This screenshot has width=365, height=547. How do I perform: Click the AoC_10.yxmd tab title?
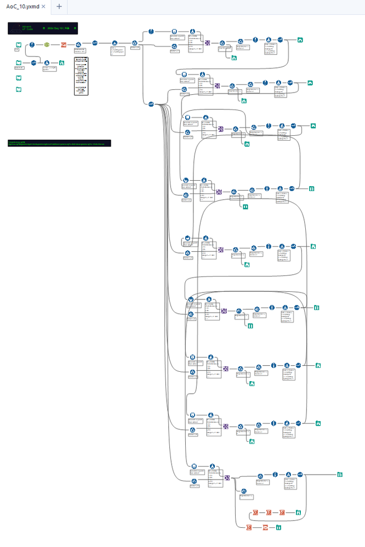(x=22, y=7)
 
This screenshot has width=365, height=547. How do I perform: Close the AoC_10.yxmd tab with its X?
(x=44, y=7)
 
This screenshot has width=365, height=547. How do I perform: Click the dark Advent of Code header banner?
(x=43, y=28)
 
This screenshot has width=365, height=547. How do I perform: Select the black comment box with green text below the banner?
(x=59, y=143)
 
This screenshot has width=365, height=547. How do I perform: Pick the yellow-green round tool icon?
(x=47, y=44)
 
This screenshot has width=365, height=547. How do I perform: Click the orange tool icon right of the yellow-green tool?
(x=63, y=44)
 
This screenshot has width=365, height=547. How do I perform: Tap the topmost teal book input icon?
(x=19, y=44)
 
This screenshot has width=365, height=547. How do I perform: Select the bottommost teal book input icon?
(x=19, y=89)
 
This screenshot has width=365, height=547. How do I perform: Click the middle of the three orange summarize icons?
(x=269, y=513)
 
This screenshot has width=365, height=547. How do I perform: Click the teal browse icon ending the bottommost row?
(x=279, y=527)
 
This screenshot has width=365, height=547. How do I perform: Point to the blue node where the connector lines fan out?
(x=151, y=104)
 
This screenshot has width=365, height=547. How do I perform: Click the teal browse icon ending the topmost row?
(x=300, y=39)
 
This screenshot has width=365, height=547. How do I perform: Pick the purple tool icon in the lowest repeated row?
(x=227, y=477)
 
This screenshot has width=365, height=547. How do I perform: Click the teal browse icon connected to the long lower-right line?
(x=340, y=474)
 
